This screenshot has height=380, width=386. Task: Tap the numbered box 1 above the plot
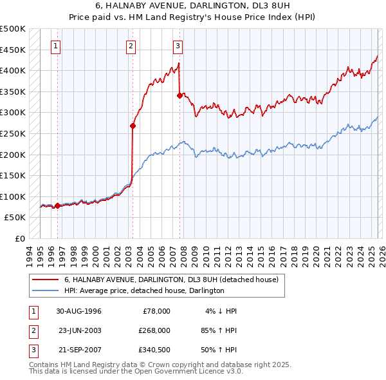pyautogui.click(x=57, y=46)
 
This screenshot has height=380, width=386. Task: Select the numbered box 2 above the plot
pyautogui.click(x=131, y=46)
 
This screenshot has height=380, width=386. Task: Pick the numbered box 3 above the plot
pyautogui.click(x=178, y=46)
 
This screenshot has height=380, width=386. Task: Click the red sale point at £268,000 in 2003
pyautogui.click(x=133, y=126)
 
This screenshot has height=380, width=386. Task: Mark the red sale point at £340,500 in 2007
pyautogui.click(x=179, y=95)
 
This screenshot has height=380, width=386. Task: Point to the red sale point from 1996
pyautogui.click(x=57, y=206)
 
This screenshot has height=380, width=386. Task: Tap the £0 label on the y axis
pyautogui.click(x=19, y=238)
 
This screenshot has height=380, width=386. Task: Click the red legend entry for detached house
pyautogui.click(x=171, y=280)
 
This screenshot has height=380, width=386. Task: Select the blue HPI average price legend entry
pyautogui.click(x=143, y=291)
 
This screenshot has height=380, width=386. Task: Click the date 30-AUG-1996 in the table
pyautogui.click(x=78, y=311)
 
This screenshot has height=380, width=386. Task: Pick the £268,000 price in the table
pyautogui.click(x=154, y=330)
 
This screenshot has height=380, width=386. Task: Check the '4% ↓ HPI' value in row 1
pyautogui.click(x=221, y=311)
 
